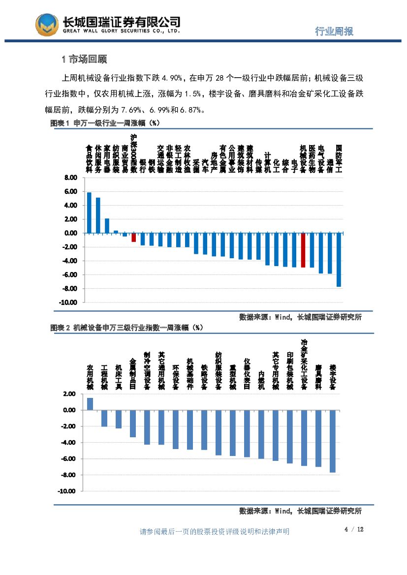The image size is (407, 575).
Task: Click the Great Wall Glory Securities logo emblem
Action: coord(46,24)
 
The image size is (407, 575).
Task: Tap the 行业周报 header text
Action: coord(334,31)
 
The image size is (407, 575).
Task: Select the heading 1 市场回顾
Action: coord(84,60)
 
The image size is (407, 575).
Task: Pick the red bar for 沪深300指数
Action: coord(133,237)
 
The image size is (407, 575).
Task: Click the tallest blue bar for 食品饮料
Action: coord(89,212)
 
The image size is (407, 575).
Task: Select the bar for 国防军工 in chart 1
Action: coord(339,259)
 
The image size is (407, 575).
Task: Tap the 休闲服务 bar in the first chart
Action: coord(98,215)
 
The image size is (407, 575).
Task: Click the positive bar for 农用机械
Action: coord(90,404)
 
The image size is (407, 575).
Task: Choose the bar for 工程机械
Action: coord(104,418)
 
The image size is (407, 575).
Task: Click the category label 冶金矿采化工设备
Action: coord(304,364)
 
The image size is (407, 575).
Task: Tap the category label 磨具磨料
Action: coord(318,377)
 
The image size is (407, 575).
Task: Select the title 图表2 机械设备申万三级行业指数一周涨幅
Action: coord(127,328)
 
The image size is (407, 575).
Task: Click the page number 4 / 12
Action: coord(353,529)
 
